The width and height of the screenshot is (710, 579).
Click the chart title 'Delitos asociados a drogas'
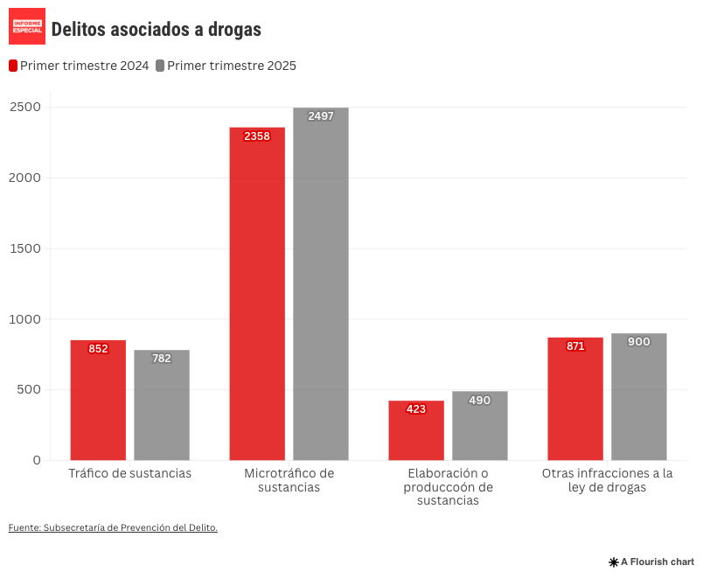pyautogui.click(x=156, y=30)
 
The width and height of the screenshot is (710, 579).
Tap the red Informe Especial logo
pyautogui.click(x=27, y=26)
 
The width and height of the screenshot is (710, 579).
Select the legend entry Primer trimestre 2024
pyautogui.click(x=79, y=66)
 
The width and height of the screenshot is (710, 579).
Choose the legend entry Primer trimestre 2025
pyautogui.click(x=226, y=66)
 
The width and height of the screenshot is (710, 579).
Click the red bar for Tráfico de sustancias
pyautogui.click(x=98, y=400)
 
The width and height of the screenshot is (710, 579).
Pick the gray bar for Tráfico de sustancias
pyautogui.click(x=162, y=405)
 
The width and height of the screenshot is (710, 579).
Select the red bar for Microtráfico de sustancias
pyautogui.click(x=257, y=294)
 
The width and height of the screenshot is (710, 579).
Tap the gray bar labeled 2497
pyautogui.click(x=321, y=284)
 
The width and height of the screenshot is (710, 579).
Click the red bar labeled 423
pyautogui.click(x=416, y=430)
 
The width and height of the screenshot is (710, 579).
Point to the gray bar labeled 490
pyautogui.click(x=480, y=426)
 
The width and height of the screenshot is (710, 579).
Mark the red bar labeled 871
pyautogui.click(x=575, y=399)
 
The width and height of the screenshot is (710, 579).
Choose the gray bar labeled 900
pyautogui.click(x=639, y=397)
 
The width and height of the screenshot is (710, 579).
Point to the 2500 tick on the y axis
pyautogui.click(x=25, y=107)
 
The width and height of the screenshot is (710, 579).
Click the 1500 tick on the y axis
pyautogui.click(x=25, y=248)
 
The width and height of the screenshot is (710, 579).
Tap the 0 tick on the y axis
pyautogui.click(x=37, y=460)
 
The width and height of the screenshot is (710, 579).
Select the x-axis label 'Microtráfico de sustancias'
pyautogui.click(x=289, y=480)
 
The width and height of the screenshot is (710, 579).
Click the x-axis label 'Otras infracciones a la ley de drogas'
pyautogui.click(x=607, y=480)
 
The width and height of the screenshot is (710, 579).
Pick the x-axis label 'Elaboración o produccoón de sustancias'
pyautogui.click(x=448, y=487)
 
